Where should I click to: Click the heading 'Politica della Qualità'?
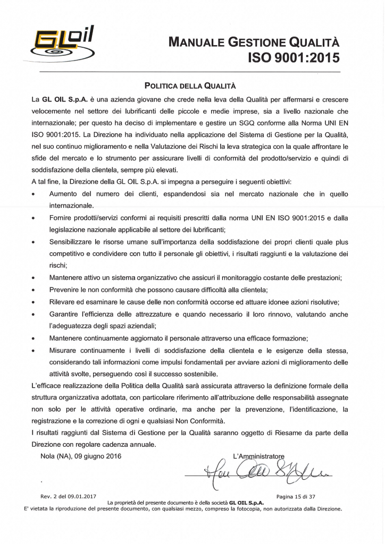(190, 85)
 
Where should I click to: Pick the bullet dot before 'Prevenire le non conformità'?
(33, 290)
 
